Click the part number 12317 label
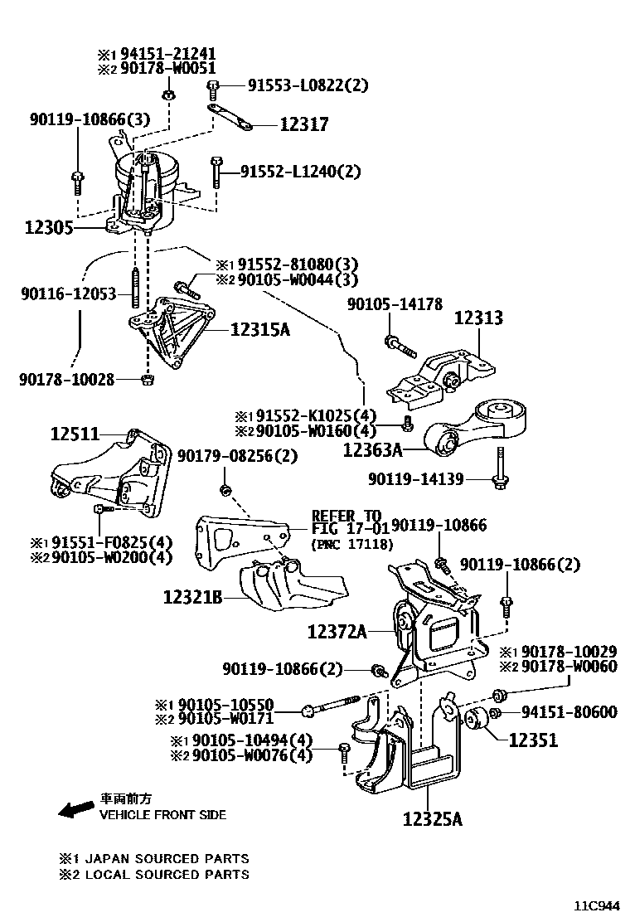(303, 125)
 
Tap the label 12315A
(259, 330)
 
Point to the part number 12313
(477, 318)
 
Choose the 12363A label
(372, 450)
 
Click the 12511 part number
(74, 433)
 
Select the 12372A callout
(337, 633)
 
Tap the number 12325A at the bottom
(432, 819)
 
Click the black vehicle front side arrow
(75, 808)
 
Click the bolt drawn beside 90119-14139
(500, 468)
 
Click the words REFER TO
(346, 514)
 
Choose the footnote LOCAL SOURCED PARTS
(153, 874)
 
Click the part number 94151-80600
(568, 712)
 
